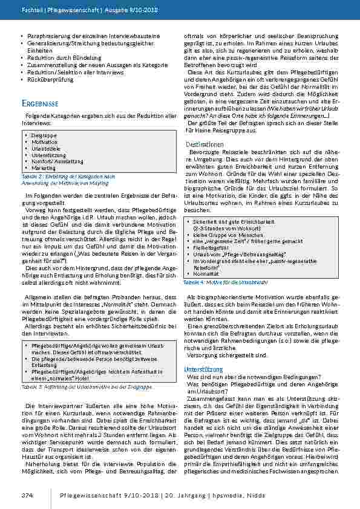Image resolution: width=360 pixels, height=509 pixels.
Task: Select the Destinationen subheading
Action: pos(205,144)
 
